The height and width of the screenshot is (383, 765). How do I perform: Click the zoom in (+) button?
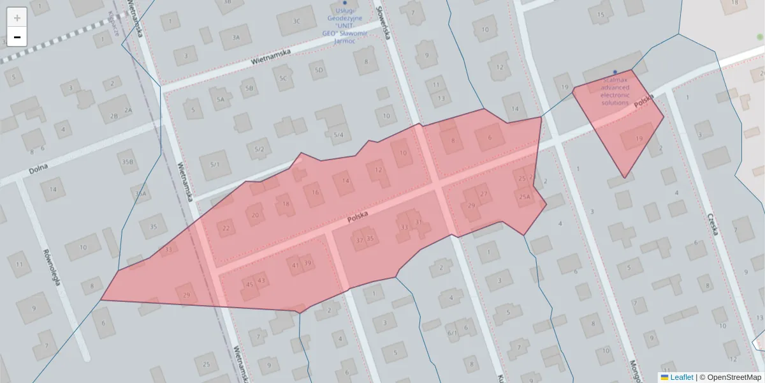17,18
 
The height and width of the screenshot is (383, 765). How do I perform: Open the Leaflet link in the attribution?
681,377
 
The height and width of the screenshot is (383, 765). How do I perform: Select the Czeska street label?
712,224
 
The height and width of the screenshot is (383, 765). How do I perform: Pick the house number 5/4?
339,135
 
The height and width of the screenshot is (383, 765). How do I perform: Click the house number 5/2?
259,150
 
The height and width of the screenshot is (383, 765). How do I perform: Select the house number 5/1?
214,165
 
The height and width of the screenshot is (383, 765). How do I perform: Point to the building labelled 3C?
296,21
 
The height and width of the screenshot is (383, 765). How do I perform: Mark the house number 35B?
127,162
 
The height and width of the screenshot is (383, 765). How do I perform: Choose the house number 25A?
524,197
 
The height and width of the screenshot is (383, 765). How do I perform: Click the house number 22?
226,228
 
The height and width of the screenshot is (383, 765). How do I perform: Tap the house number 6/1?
452,333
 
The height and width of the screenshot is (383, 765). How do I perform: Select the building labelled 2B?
114,116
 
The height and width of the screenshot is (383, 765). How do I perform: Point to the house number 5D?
319,70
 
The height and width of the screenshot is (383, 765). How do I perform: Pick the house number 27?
484,194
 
